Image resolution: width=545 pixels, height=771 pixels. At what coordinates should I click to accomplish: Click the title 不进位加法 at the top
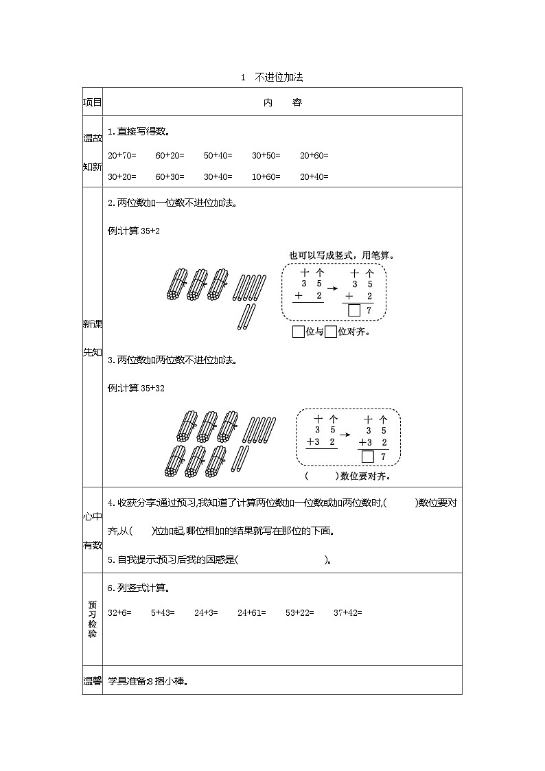pos(279,78)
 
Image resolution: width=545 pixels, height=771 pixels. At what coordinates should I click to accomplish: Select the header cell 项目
pos(93,103)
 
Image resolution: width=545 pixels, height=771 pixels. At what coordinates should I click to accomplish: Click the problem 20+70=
pos(122,156)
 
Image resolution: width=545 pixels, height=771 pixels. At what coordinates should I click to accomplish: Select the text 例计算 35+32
pos(137,389)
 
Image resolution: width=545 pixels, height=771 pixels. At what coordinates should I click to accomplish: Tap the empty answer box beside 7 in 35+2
pos(354,311)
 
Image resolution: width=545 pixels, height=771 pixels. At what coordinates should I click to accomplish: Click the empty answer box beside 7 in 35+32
pos(368,457)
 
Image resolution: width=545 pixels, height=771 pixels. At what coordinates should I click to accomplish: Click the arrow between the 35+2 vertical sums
pos(332,288)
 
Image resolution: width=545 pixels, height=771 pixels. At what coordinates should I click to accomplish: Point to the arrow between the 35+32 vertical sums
pos(347,435)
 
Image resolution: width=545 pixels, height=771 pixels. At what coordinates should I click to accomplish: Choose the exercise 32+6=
pos(119,612)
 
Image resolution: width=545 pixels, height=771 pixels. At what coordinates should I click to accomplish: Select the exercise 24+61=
pos(252,612)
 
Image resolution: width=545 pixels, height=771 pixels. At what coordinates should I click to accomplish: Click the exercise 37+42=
pos(347,612)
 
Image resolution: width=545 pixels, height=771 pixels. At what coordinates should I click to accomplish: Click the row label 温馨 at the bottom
pos(93,682)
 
